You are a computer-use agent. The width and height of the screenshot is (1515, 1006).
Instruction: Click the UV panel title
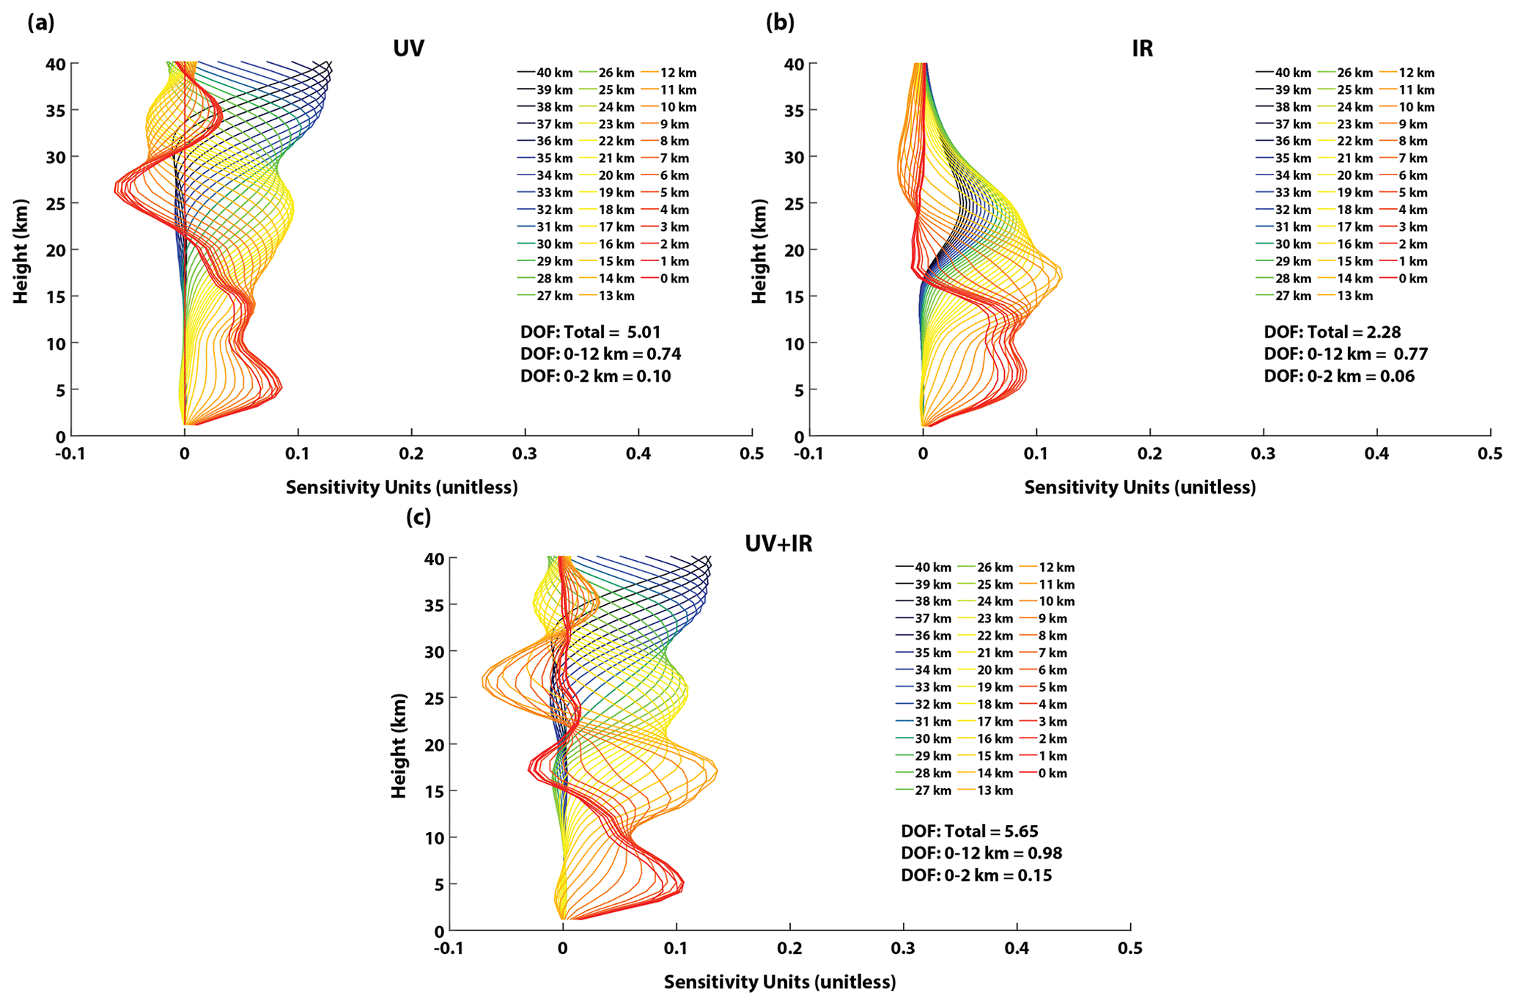tap(408, 48)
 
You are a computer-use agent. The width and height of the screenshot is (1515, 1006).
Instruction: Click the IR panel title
tap(1142, 48)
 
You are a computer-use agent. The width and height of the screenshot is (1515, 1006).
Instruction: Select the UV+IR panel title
tap(778, 543)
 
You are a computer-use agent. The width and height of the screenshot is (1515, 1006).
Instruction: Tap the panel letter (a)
tap(41, 23)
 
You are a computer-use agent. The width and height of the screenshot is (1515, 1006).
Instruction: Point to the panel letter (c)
tap(419, 518)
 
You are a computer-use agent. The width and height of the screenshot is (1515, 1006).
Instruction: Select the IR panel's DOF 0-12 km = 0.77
tap(1346, 354)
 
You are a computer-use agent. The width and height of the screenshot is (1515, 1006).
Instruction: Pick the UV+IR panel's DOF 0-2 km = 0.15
tap(976, 875)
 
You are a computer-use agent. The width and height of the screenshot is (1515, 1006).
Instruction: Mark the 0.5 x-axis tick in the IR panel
tap(1489, 455)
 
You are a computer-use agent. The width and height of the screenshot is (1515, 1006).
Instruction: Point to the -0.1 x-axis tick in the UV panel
tap(70, 455)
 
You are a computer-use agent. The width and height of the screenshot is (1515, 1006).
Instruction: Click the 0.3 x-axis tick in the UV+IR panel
tap(903, 949)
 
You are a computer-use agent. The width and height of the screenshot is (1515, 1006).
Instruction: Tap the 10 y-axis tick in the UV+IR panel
tap(434, 837)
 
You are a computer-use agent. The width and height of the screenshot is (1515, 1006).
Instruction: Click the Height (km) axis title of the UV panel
tap(21, 250)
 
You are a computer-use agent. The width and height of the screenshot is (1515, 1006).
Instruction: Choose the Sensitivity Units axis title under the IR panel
tap(1140, 488)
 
